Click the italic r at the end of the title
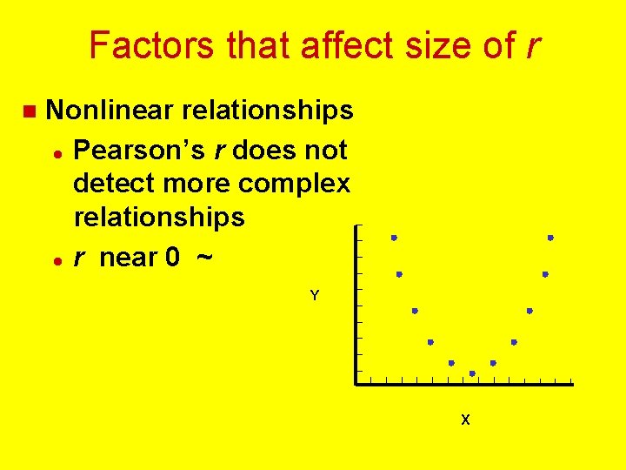click(x=530, y=45)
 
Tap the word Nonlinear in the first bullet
click(x=112, y=111)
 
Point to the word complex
click(x=297, y=184)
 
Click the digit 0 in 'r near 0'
click(x=173, y=258)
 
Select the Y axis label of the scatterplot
click(x=315, y=296)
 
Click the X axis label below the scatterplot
click(x=465, y=420)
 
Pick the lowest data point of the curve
click(x=472, y=373)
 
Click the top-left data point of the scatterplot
click(x=394, y=238)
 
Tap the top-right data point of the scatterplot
click(x=550, y=238)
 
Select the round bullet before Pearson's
click(x=56, y=151)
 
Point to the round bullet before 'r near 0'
click(x=56, y=259)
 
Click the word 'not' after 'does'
click(x=326, y=150)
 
